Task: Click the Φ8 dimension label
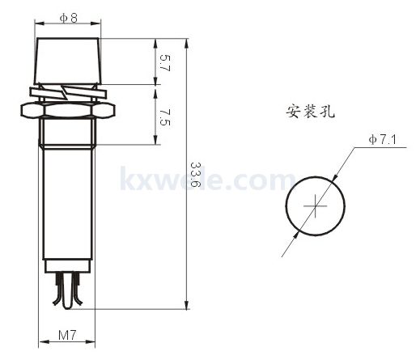[69, 18]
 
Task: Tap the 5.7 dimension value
[165, 62]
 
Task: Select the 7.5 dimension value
[165, 117]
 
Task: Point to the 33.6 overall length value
[196, 175]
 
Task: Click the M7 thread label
[67, 335]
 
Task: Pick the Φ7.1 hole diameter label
[383, 139]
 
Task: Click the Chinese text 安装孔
[310, 111]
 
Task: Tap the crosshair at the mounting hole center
[315, 206]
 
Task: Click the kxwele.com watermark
[208, 179]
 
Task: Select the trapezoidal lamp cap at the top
[68, 61]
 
